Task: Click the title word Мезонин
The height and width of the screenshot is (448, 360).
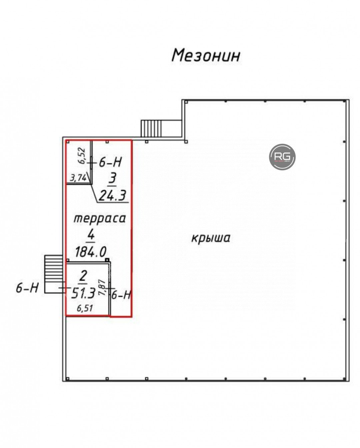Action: pos(206,55)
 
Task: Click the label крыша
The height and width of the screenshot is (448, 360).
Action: pos(211,238)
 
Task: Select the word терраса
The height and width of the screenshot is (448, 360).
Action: pos(99,219)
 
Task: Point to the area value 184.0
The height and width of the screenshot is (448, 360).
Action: pos(91,252)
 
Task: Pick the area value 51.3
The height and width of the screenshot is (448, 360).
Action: pos(83,292)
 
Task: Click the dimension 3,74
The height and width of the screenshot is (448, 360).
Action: pos(78,178)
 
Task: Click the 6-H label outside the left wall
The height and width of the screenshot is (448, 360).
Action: pos(27,287)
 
